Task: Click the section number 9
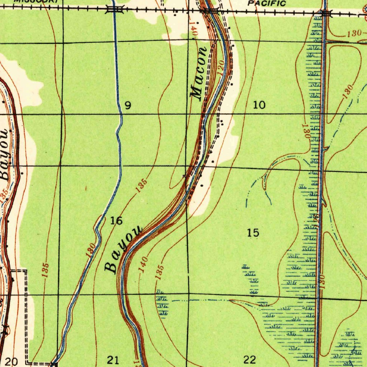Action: [x=128, y=105]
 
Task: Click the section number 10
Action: [x=259, y=105]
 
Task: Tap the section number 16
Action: [x=116, y=221]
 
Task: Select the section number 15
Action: [x=253, y=233]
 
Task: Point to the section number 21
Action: [x=113, y=359]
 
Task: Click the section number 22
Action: [x=250, y=359]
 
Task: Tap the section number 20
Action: [x=11, y=362]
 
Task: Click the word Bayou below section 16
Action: [x=123, y=249]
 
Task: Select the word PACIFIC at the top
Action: [x=267, y=4]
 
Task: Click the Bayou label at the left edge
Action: [x=4, y=154]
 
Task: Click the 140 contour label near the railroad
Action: [x=194, y=28]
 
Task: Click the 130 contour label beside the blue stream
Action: [x=91, y=250]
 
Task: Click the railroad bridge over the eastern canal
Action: [x=326, y=14]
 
